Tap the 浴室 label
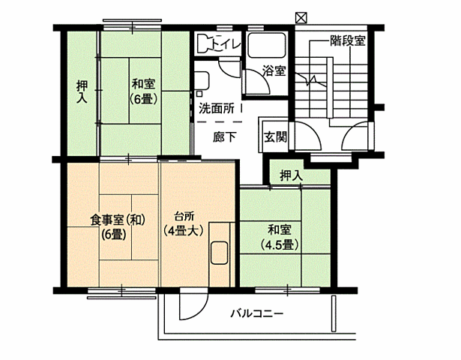(x=274, y=72)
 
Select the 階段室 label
(x=347, y=41)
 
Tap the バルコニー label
(x=256, y=313)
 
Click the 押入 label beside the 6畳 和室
(x=82, y=92)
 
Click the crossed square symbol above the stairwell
(x=301, y=16)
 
